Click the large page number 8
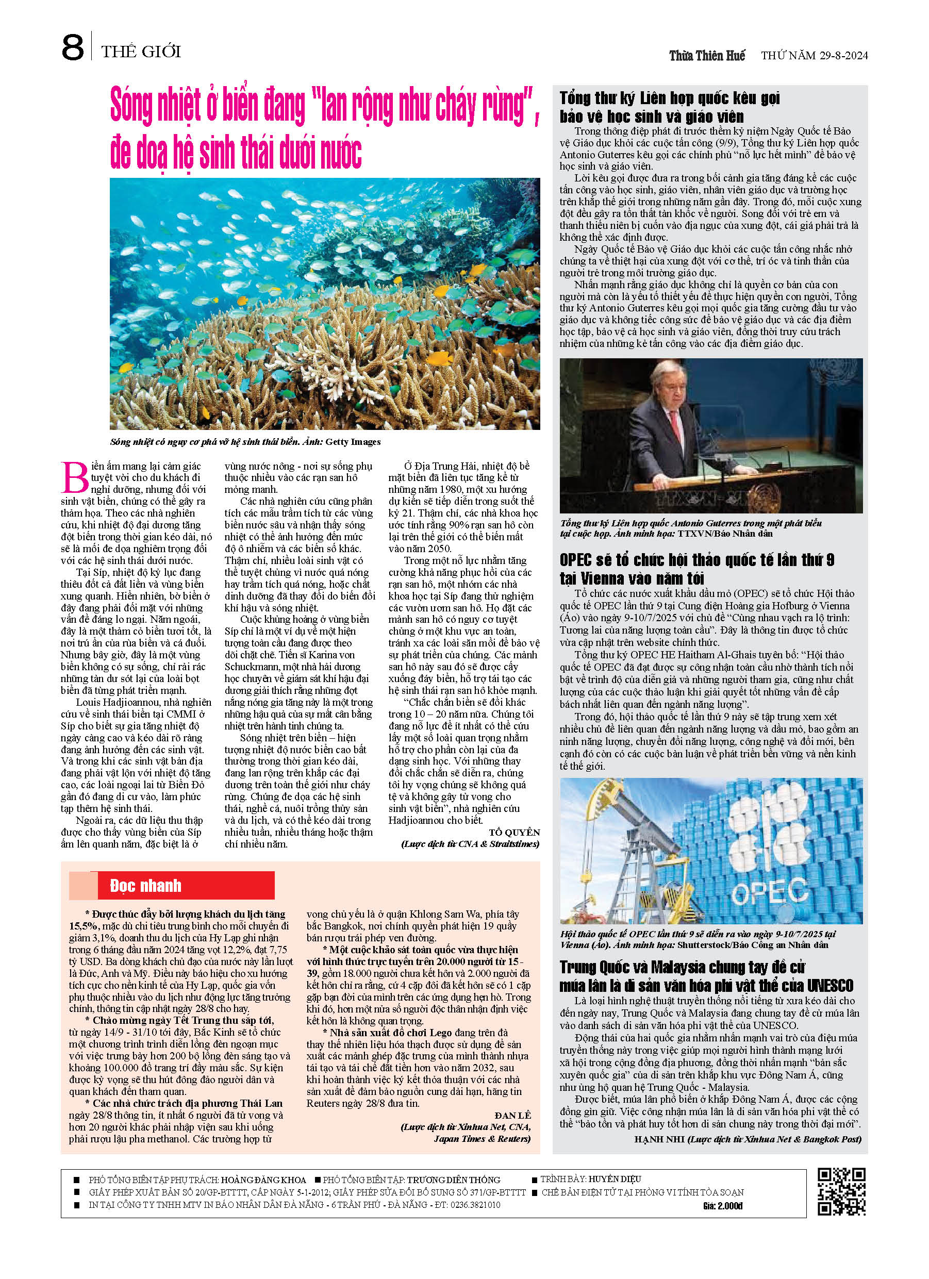[x=72, y=48]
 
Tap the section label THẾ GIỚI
[x=141, y=52]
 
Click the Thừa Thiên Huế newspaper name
[x=707, y=55]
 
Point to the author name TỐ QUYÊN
[x=514, y=833]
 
